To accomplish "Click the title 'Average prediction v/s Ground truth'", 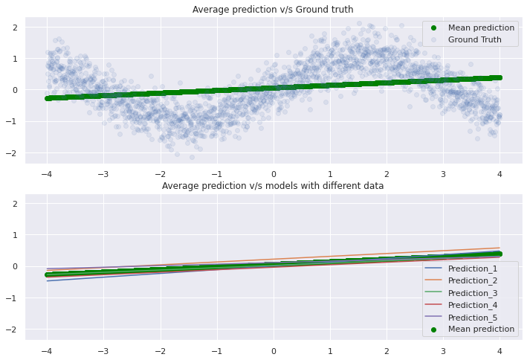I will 273,10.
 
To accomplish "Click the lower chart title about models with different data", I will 273,185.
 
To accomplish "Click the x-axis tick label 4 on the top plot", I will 499,174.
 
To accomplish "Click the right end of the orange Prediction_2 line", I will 499,248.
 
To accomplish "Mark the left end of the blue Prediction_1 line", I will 48,280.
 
